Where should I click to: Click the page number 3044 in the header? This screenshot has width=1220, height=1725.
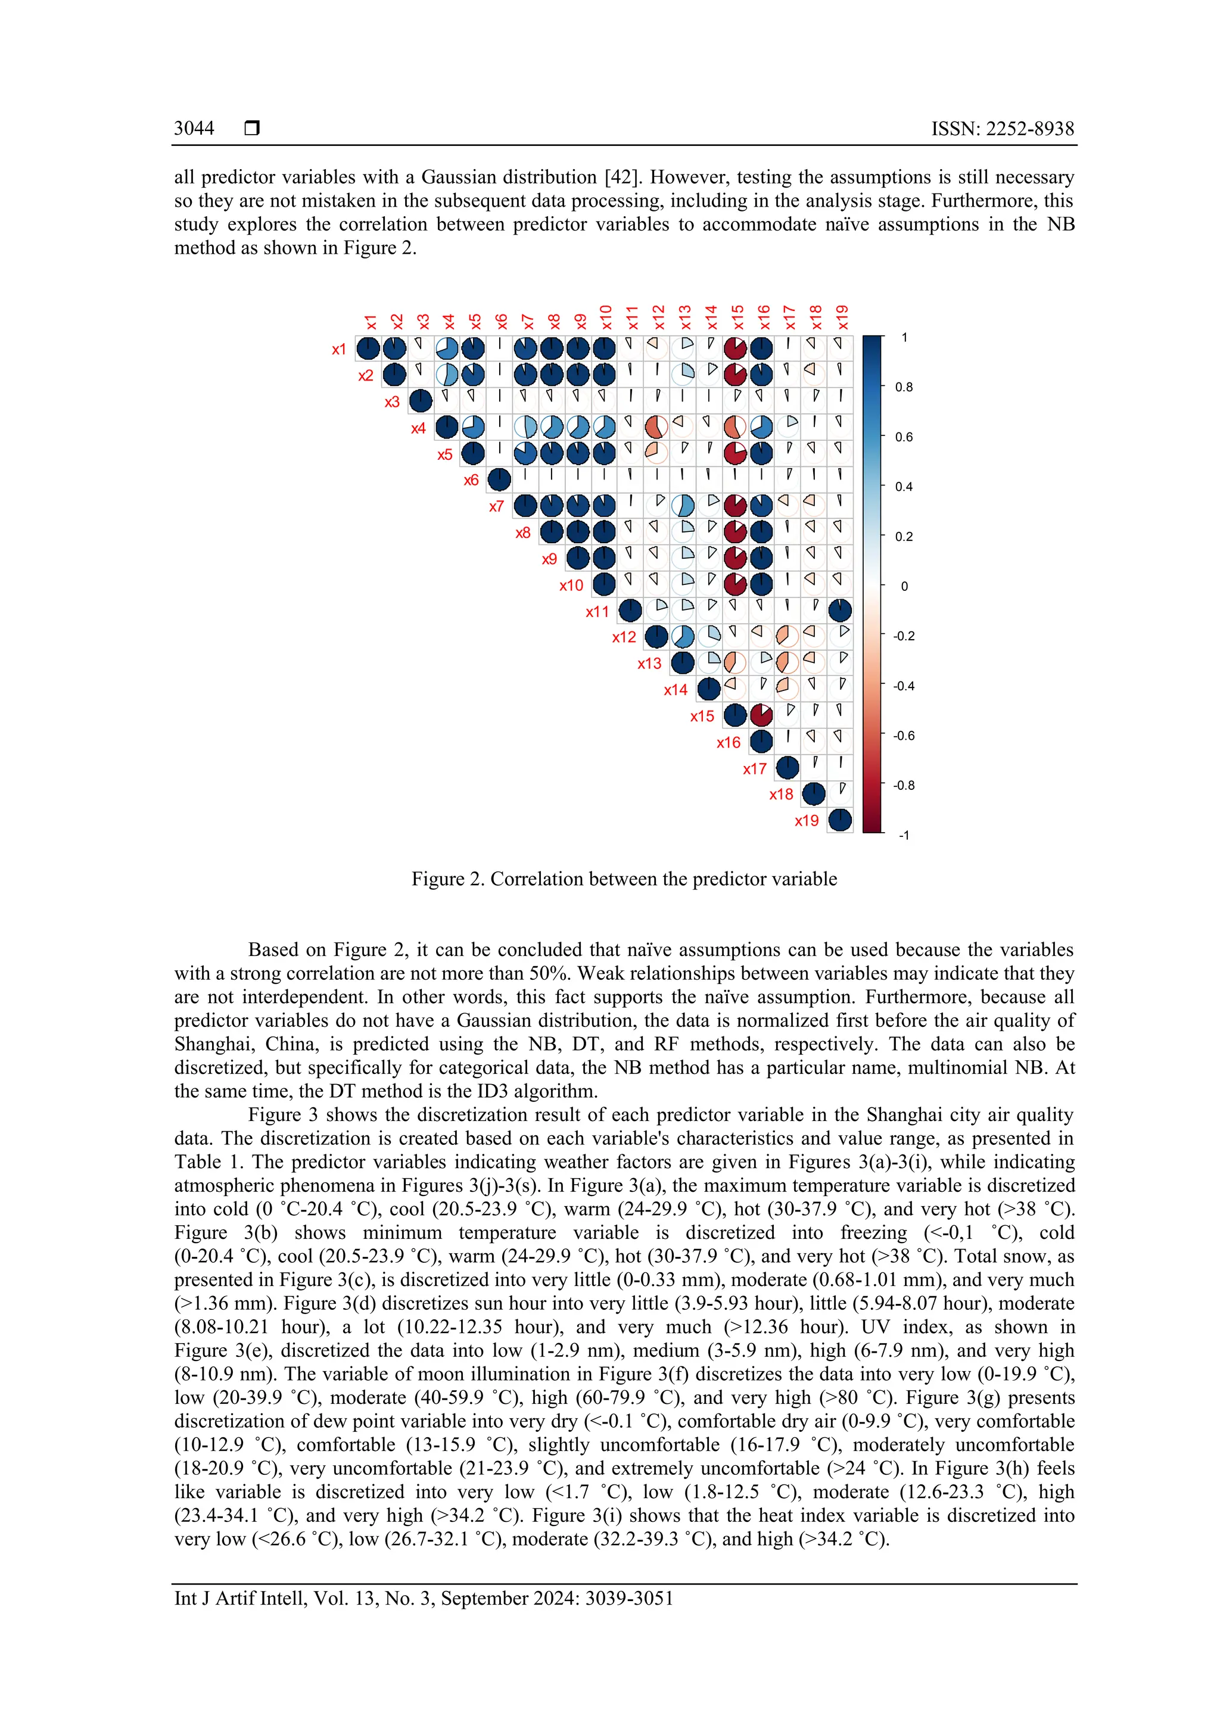tap(194, 129)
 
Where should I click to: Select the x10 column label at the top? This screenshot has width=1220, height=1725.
tap(605, 317)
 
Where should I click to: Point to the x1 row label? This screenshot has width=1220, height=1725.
tap(339, 350)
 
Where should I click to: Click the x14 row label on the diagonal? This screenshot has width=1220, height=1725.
tap(676, 690)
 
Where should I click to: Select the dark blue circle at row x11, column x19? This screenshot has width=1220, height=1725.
tap(840, 610)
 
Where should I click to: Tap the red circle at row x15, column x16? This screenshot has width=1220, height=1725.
tap(761, 715)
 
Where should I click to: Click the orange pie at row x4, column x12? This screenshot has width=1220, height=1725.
tap(656, 428)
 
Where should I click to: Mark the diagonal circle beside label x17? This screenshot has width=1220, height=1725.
tap(788, 768)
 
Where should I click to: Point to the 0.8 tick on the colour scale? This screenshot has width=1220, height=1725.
tap(904, 388)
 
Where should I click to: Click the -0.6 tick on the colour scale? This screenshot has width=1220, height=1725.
tap(904, 736)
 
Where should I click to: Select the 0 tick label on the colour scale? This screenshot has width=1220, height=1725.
tap(904, 587)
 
